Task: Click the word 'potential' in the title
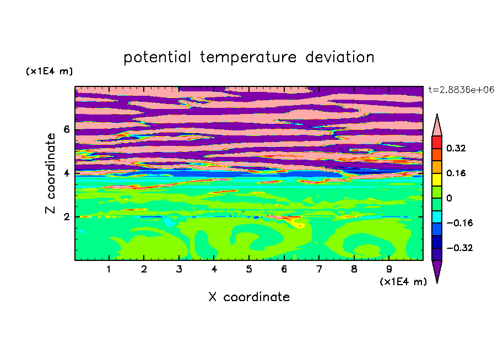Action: (x=157, y=57)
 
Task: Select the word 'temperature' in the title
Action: (x=248, y=57)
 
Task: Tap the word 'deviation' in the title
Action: (x=340, y=57)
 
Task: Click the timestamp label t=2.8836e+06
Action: (x=461, y=90)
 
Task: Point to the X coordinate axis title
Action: (x=249, y=297)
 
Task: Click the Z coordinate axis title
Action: (x=50, y=173)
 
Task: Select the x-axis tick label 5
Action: (x=249, y=269)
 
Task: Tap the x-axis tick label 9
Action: (x=389, y=269)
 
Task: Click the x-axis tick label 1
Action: (x=109, y=269)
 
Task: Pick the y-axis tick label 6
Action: (x=66, y=129)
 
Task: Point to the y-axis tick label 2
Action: (x=66, y=217)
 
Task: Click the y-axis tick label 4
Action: (x=66, y=173)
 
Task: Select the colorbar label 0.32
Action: (x=456, y=148)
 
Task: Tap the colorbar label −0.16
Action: (x=459, y=223)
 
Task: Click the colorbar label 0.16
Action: (x=456, y=173)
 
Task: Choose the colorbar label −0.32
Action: (x=459, y=248)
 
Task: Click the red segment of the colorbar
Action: (x=437, y=142)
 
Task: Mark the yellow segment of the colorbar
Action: (x=437, y=179)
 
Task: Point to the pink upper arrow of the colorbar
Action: (x=437, y=127)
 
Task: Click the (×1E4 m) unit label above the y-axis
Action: (x=49, y=71)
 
